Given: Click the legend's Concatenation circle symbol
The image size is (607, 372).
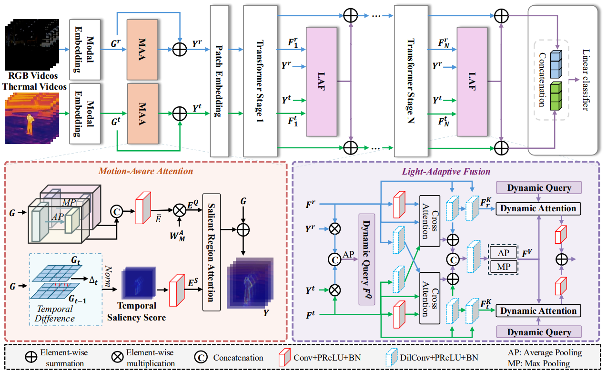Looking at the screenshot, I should pos(200,357).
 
